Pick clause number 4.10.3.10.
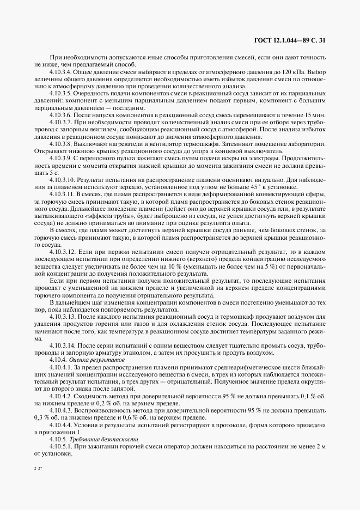pyautogui.click(x=63, y=179)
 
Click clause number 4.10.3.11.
pyautogui.click(x=63, y=194)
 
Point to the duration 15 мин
pyautogui.click(x=316, y=115)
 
